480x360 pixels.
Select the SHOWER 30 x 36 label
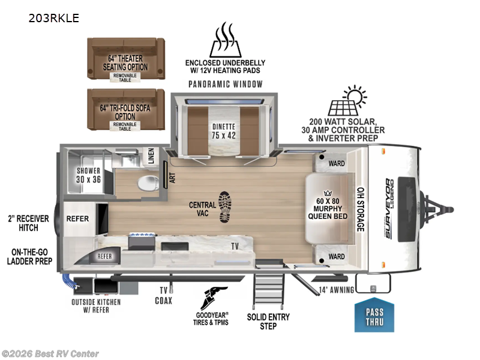pos(88,175)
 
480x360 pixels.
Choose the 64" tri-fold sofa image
pos(126,109)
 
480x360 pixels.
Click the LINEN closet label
pos(151,156)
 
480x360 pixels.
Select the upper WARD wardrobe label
pos(337,162)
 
